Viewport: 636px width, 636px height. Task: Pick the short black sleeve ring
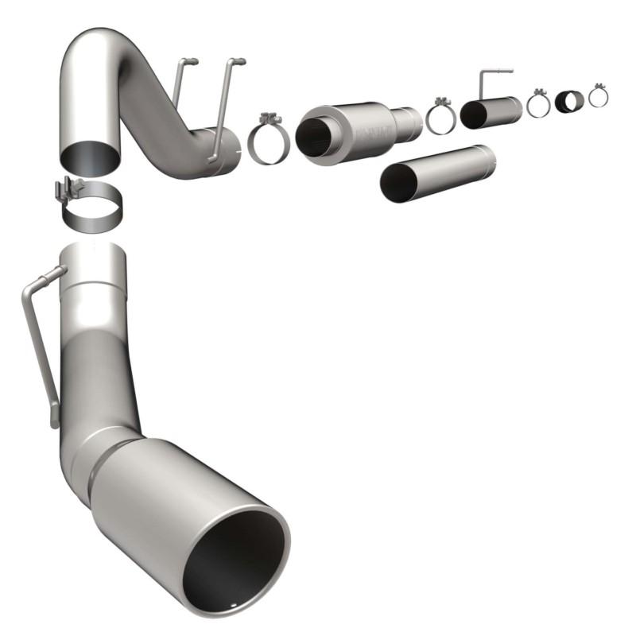pos(568,102)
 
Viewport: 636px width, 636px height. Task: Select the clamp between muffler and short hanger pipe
pos(440,118)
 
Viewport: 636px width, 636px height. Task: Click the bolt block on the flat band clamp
pos(67,192)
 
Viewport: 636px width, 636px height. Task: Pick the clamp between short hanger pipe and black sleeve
pos(538,103)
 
